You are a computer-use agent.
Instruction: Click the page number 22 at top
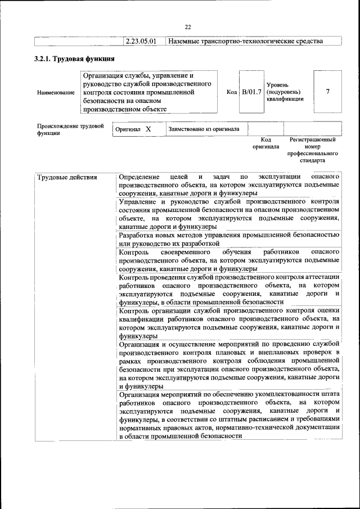tap(188, 26)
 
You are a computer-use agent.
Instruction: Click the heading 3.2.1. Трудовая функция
tap(75, 58)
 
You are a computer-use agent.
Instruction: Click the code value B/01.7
tap(251, 92)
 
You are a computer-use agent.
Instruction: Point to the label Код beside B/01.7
tap(231, 92)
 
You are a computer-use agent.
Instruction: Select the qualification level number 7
tap(327, 92)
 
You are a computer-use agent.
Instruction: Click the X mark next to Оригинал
tap(148, 129)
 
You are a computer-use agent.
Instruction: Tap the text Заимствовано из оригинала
tap(204, 129)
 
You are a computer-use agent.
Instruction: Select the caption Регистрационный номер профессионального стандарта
tap(312, 150)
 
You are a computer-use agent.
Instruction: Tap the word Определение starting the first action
tap(139, 178)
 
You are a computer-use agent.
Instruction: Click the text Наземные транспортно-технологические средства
tap(246, 42)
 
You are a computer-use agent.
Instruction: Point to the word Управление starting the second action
tap(139, 202)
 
